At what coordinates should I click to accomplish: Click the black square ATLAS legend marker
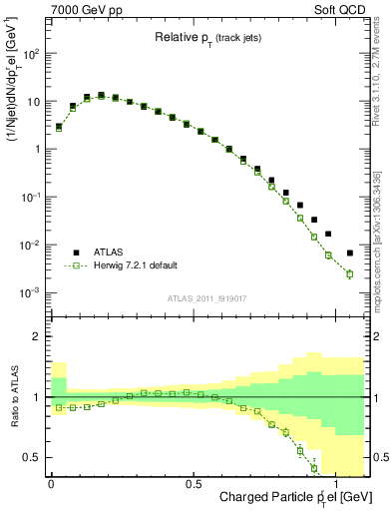click(76, 252)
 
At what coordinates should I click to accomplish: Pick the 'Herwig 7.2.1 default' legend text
click(135, 265)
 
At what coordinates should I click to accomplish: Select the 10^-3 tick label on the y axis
click(30, 292)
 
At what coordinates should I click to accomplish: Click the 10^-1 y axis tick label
click(30, 198)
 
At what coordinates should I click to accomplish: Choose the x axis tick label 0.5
click(194, 481)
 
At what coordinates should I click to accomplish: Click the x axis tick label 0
click(51, 481)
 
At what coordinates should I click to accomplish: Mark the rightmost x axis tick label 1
click(335, 481)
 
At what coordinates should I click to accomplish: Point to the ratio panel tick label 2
click(37, 336)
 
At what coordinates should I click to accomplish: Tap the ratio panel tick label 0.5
click(32, 457)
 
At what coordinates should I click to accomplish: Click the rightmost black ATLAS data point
click(349, 253)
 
